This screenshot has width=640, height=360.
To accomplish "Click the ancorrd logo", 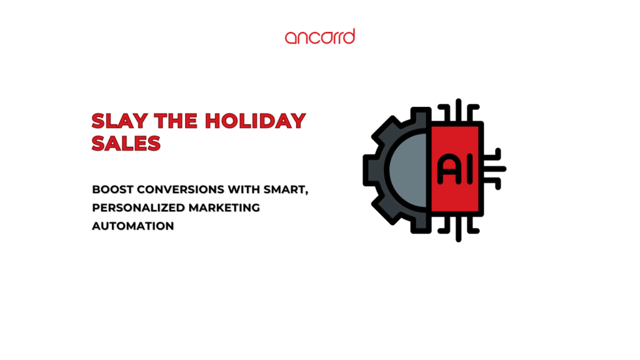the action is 320,36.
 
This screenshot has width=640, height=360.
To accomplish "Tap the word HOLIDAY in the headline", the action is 255,121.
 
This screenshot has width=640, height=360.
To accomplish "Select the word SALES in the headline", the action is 126,143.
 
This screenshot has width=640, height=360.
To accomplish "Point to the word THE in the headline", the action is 176,121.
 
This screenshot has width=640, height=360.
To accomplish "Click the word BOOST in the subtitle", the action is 112,189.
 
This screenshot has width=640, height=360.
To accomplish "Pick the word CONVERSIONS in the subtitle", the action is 181,189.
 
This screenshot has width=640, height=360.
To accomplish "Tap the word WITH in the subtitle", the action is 244,189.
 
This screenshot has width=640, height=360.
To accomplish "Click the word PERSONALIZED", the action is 138,207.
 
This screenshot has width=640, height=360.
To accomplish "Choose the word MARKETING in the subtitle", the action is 224,207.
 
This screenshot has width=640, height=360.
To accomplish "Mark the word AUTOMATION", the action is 133,226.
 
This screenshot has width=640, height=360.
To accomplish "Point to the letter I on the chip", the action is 470,169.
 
